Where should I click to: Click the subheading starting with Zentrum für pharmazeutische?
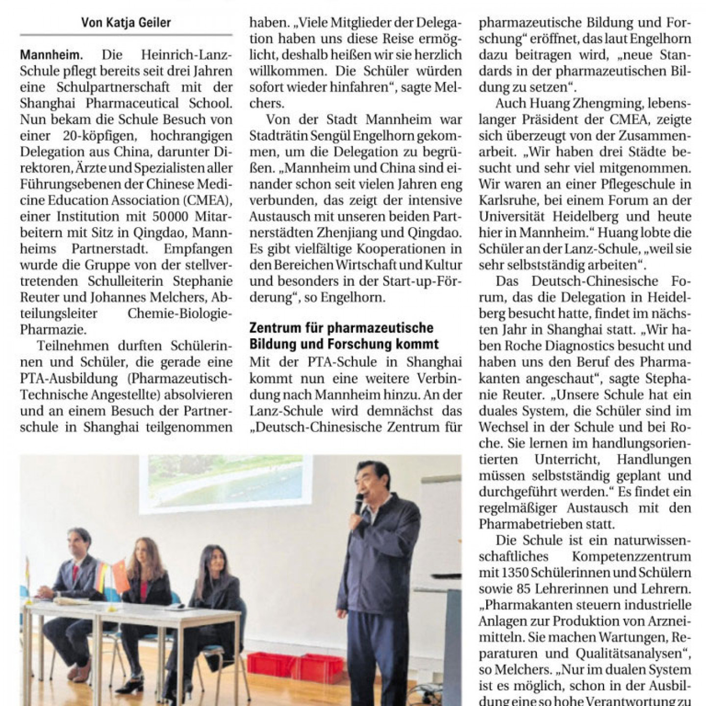[x=341, y=336]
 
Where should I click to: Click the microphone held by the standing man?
[x=358, y=504]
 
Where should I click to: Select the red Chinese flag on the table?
[x=120, y=576]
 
